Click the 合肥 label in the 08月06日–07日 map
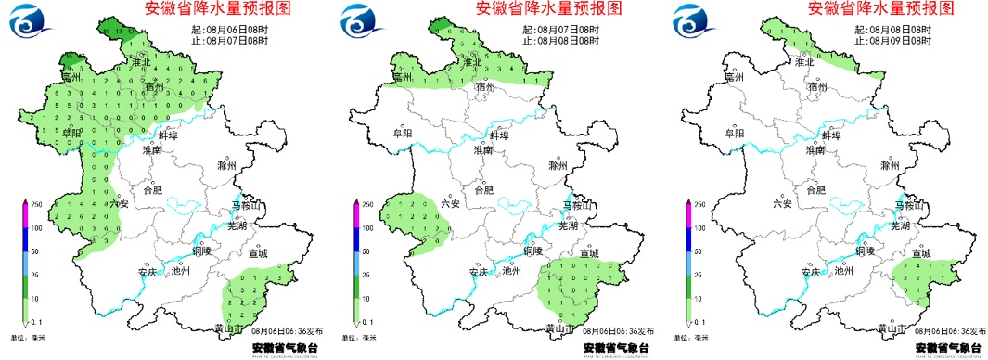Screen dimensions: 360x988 tap(152, 189)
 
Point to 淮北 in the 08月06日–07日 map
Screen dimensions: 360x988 tap(143, 62)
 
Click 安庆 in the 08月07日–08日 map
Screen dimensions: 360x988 tap(477, 272)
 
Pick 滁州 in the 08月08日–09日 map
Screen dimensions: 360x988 tap(890, 166)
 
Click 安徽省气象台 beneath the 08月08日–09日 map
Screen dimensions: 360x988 tap(945, 349)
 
